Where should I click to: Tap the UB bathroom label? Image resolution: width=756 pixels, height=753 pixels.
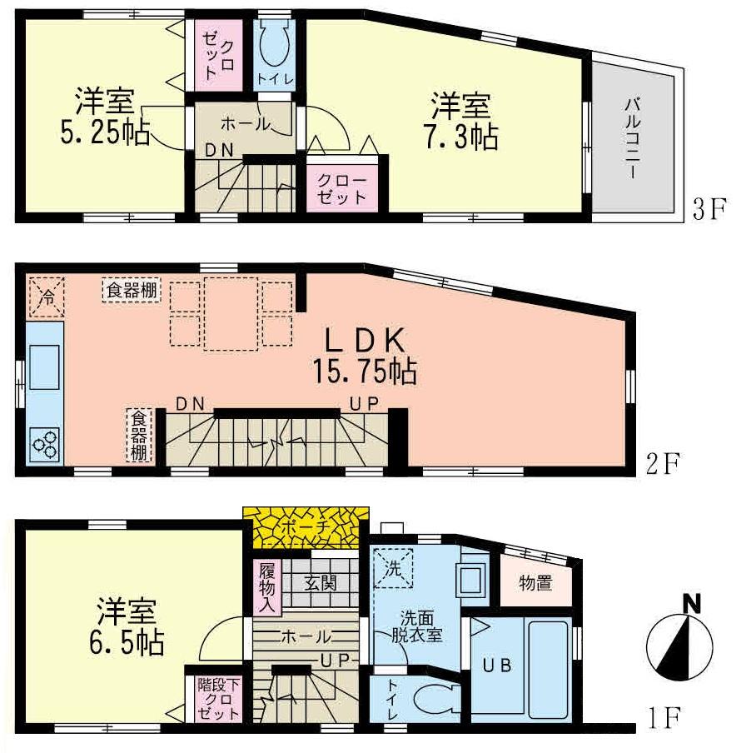pos(500,666)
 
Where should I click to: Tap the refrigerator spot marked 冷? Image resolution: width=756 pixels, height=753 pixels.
pos(47,297)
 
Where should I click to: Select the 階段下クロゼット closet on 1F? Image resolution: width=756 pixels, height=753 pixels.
pos(218,700)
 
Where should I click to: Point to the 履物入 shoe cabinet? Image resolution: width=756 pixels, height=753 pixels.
pos(267,586)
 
